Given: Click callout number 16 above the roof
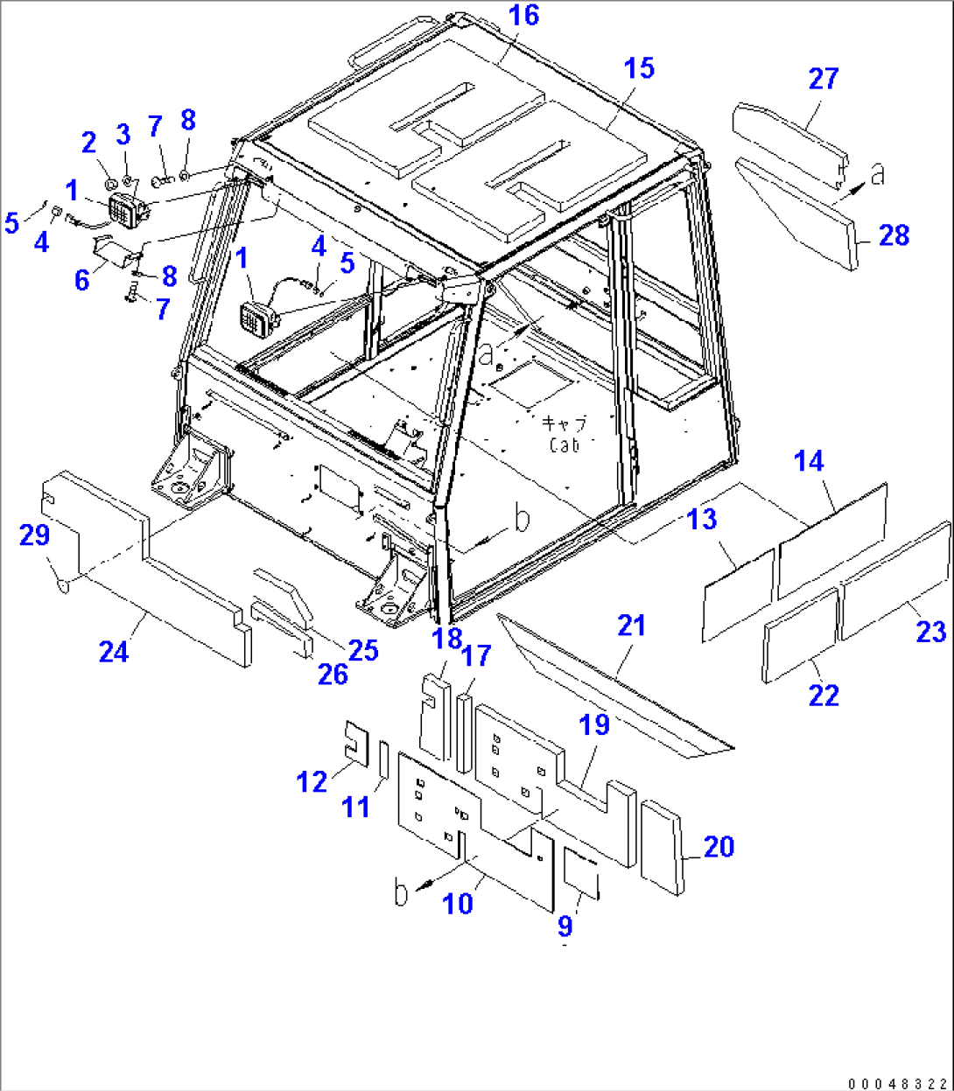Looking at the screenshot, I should [x=525, y=17].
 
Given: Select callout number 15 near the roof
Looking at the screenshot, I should [x=640, y=68].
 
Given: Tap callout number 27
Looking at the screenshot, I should [x=824, y=80].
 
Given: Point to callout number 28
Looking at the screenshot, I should [x=894, y=235].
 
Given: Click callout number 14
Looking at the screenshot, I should [x=810, y=461].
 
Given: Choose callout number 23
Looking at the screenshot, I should [x=931, y=631].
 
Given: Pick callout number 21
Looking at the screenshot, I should [x=631, y=626].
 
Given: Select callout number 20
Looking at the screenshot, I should [x=719, y=847].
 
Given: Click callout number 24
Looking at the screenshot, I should [x=114, y=651].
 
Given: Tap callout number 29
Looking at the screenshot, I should [x=35, y=535].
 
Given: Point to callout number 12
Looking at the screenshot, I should [x=312, y=781].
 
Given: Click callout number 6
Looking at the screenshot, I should [x=82, y=281].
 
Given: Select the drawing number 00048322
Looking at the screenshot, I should [x=897, y=1082].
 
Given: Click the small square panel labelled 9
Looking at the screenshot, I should [x=580, y=871].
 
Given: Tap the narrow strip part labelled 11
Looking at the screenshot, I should [x=383, y=758].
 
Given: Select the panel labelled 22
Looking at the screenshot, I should [x=800, y=633].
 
